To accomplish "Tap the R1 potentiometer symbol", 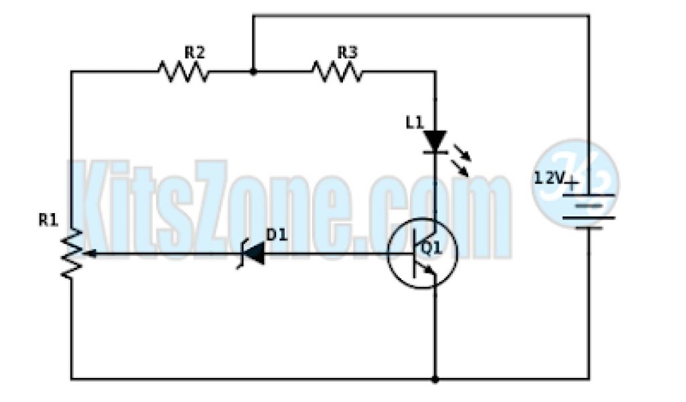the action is coord(72,253).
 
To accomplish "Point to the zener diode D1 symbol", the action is coord(253,255).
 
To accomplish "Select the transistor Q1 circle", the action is coord(422,255).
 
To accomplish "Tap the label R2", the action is coord(195,51).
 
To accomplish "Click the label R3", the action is coord(346,51).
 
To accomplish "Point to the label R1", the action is coord(48,220).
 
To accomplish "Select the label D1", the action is coord(276,234).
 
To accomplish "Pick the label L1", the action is coord(415,122).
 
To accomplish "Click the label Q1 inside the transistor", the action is coord(430,249).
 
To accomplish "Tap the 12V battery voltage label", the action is coord(549,178).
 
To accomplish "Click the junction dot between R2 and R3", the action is coord(253,71).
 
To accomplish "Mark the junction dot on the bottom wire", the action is coord(435,379).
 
